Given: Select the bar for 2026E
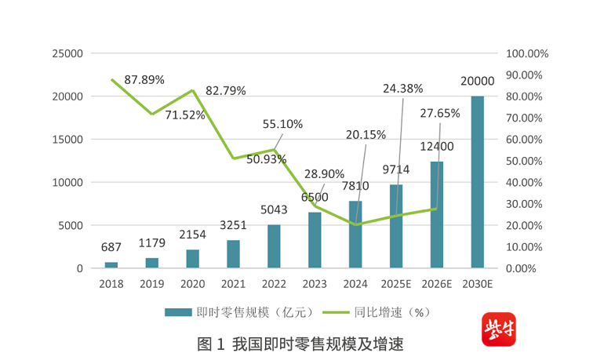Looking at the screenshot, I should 436,215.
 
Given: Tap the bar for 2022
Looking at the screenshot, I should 274,246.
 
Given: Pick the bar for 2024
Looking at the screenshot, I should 355,235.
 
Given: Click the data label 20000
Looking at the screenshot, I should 477,81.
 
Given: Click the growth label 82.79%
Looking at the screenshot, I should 226,91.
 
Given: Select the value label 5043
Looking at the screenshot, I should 274,210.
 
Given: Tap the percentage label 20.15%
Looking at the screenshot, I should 366,135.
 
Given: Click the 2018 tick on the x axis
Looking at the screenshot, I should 111,284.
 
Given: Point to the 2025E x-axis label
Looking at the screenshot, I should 396,284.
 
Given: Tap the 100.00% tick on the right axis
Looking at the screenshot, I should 526,53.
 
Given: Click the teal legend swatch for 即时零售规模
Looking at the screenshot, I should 179,312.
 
